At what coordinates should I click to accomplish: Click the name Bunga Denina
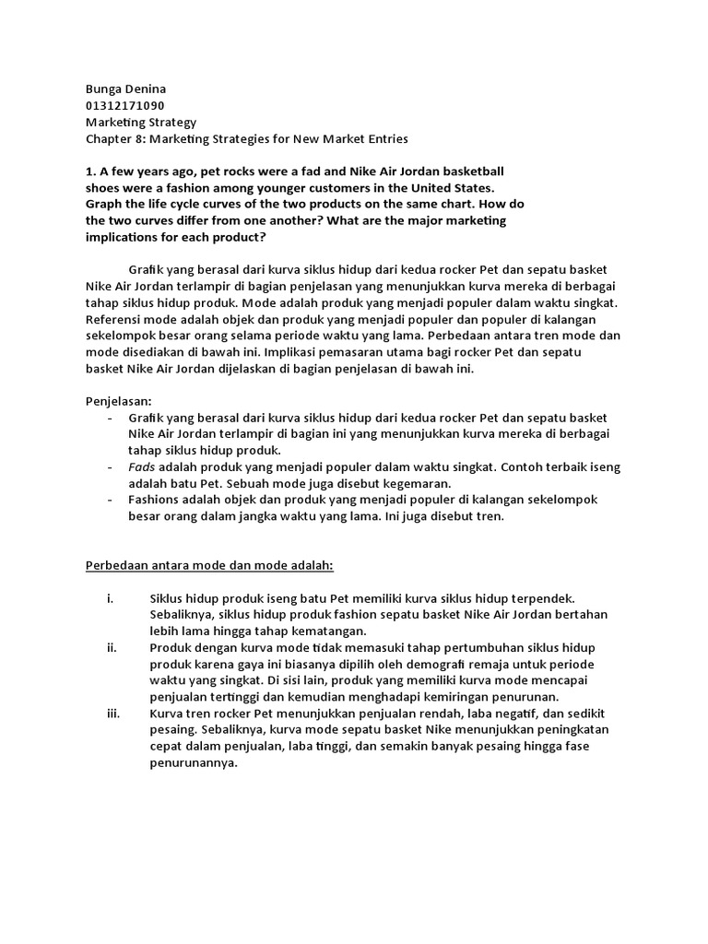point(126,88)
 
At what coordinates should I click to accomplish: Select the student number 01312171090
point(125,105)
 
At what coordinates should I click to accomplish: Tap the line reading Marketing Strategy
point(140,122)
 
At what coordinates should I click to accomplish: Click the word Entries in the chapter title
point(383,138)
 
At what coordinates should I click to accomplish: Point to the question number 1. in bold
point(90,171)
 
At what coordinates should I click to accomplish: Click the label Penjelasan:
point(119,402)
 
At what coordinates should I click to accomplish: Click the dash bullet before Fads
point(111,468)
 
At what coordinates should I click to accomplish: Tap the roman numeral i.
point(111,598)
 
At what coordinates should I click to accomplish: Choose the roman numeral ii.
point(112,648)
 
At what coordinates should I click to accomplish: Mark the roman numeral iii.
point(113,714)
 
